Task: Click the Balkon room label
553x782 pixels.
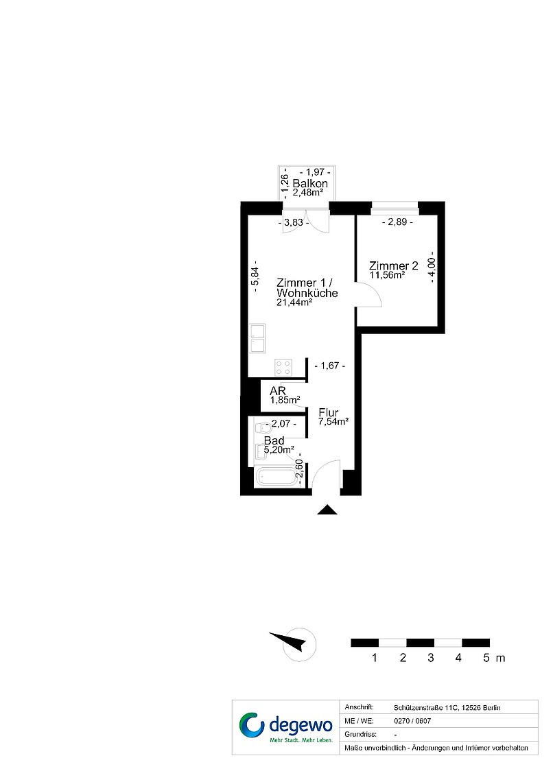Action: [310, 183]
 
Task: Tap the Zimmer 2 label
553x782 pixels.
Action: [393, 266]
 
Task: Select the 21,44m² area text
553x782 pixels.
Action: [294, 303]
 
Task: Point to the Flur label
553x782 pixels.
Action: [329, 412]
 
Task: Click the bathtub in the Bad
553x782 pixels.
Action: [276, 477]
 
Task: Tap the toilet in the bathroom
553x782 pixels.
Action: [262, 428]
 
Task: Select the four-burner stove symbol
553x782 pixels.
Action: [283, 368]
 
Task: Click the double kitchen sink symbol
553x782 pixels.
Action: [257, 339]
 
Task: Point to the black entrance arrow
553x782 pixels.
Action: [327, 510]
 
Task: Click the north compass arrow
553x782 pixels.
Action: [287, 641]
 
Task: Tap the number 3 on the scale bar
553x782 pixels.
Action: [431, 658]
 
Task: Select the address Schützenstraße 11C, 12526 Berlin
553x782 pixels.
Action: [447, 708]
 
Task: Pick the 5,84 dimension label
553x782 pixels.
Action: [255, 276]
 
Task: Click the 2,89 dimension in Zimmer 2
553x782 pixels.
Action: [397, 222]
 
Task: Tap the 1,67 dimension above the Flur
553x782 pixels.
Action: [330, 366]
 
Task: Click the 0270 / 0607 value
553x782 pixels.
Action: [412, 721]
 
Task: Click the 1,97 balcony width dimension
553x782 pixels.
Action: [315, 172]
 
